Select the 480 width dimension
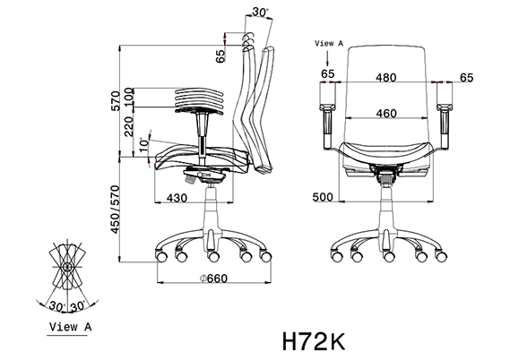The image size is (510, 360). click(x=385, y=77)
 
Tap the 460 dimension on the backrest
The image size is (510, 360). click(x=386, y=113)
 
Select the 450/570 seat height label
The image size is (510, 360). click(x=116, y=209)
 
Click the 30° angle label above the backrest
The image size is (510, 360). click(x=260, y=13)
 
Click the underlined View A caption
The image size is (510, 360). click(x=70, y=327)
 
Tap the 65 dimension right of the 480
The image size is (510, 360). click(x=465, y=77)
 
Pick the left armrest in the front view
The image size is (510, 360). click(x=326, y=116)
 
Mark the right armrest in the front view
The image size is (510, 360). click(x=445, y=116)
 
